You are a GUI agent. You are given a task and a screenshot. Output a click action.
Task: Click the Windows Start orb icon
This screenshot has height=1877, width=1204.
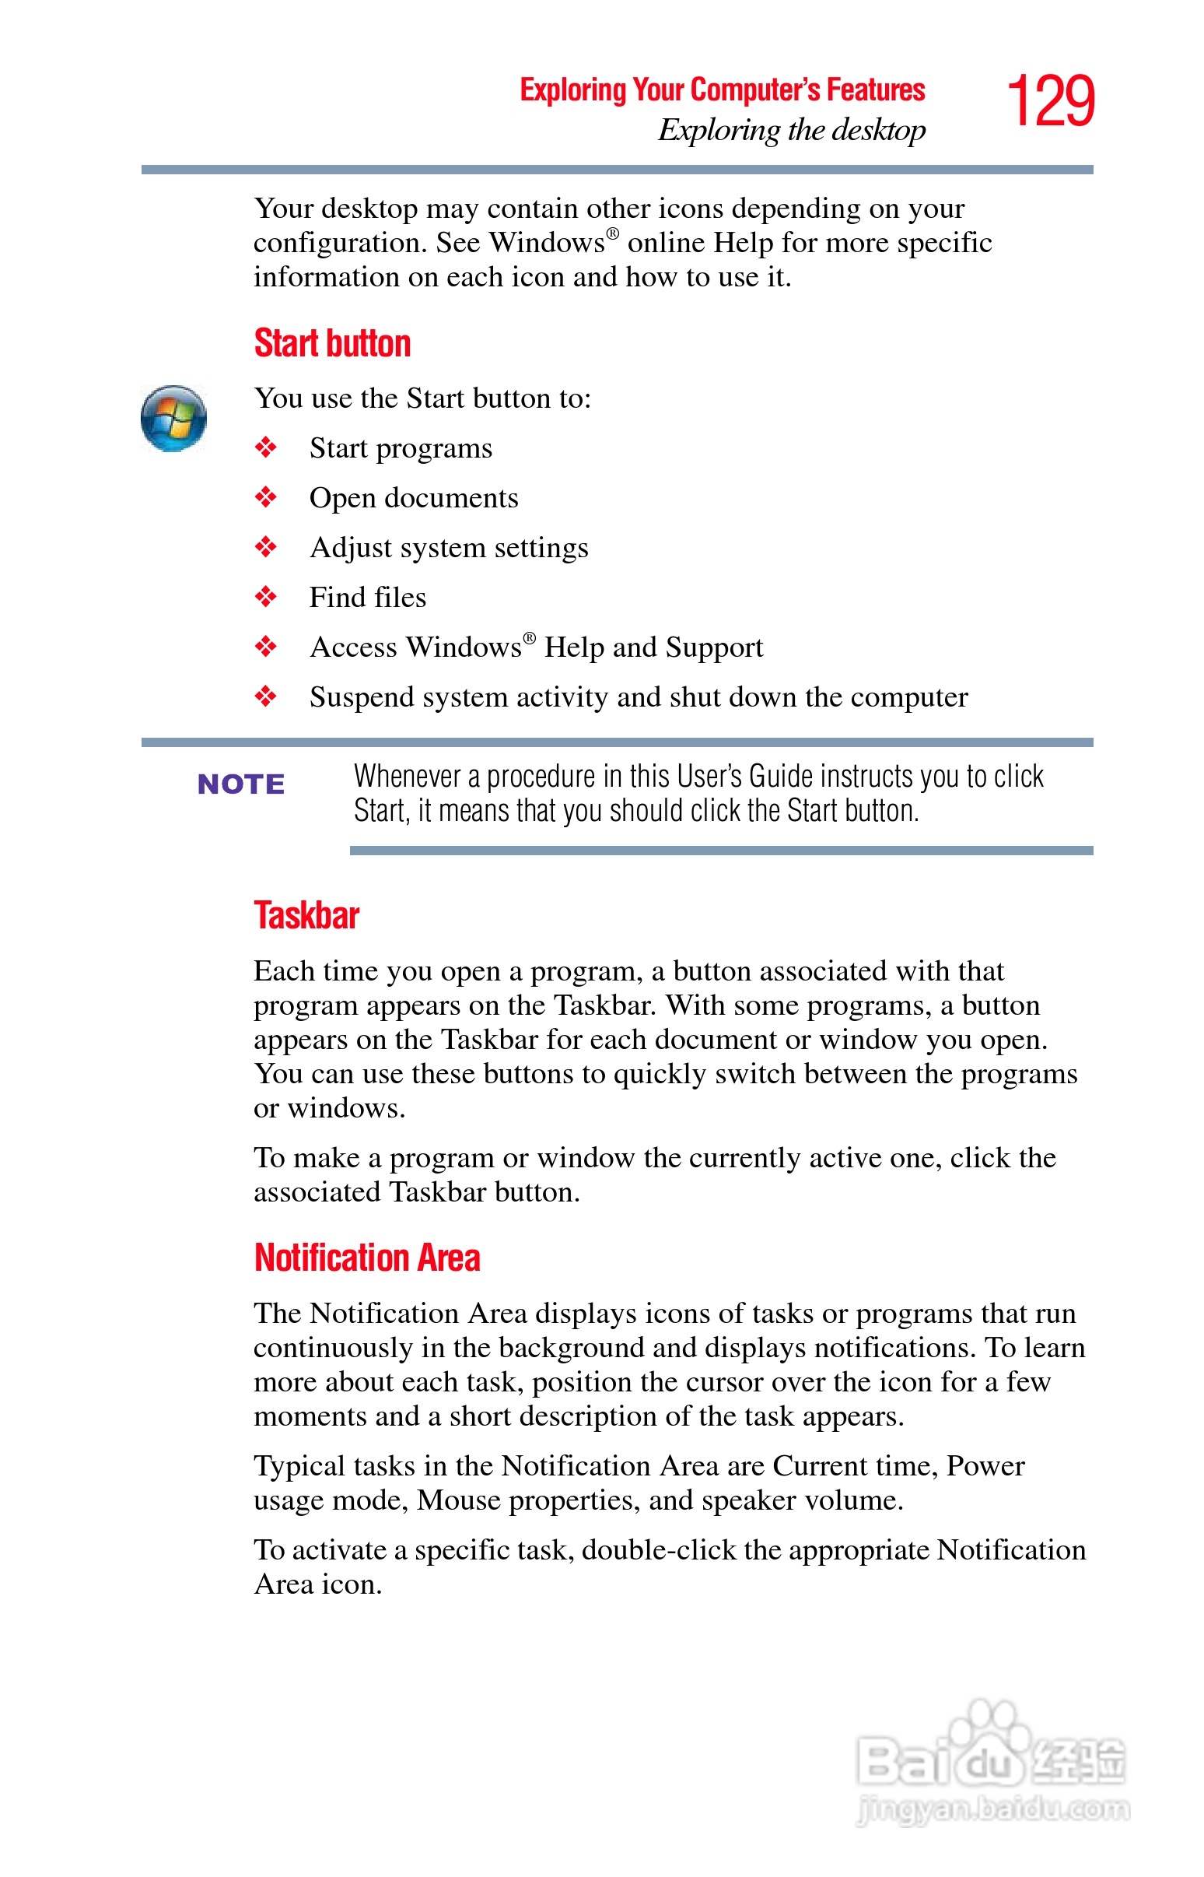coord(173,419)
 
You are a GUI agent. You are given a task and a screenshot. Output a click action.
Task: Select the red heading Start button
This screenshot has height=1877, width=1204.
coord(332,343)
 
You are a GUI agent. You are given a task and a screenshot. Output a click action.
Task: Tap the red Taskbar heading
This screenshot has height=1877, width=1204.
coord(306,916)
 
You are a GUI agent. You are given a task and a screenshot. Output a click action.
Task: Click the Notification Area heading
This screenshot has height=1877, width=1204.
coord(366,1258)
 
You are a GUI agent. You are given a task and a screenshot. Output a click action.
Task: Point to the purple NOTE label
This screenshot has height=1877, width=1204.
coord(241,784)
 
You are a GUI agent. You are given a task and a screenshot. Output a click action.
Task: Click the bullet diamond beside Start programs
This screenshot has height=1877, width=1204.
coord(266,448)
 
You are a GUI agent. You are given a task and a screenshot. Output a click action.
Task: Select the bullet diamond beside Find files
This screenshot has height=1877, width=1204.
coord(266,598)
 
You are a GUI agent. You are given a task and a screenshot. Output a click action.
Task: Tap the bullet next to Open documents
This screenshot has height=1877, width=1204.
coord(266,497)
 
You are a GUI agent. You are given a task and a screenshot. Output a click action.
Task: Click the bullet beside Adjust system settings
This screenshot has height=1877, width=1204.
coord(266,548)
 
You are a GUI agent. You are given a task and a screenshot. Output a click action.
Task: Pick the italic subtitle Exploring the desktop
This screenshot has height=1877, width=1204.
coord(791,131)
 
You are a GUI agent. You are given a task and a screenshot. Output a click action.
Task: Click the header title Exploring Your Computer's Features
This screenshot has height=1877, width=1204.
coord(723,90)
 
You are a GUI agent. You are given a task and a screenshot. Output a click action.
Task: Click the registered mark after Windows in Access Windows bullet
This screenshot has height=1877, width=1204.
coord(530,638)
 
